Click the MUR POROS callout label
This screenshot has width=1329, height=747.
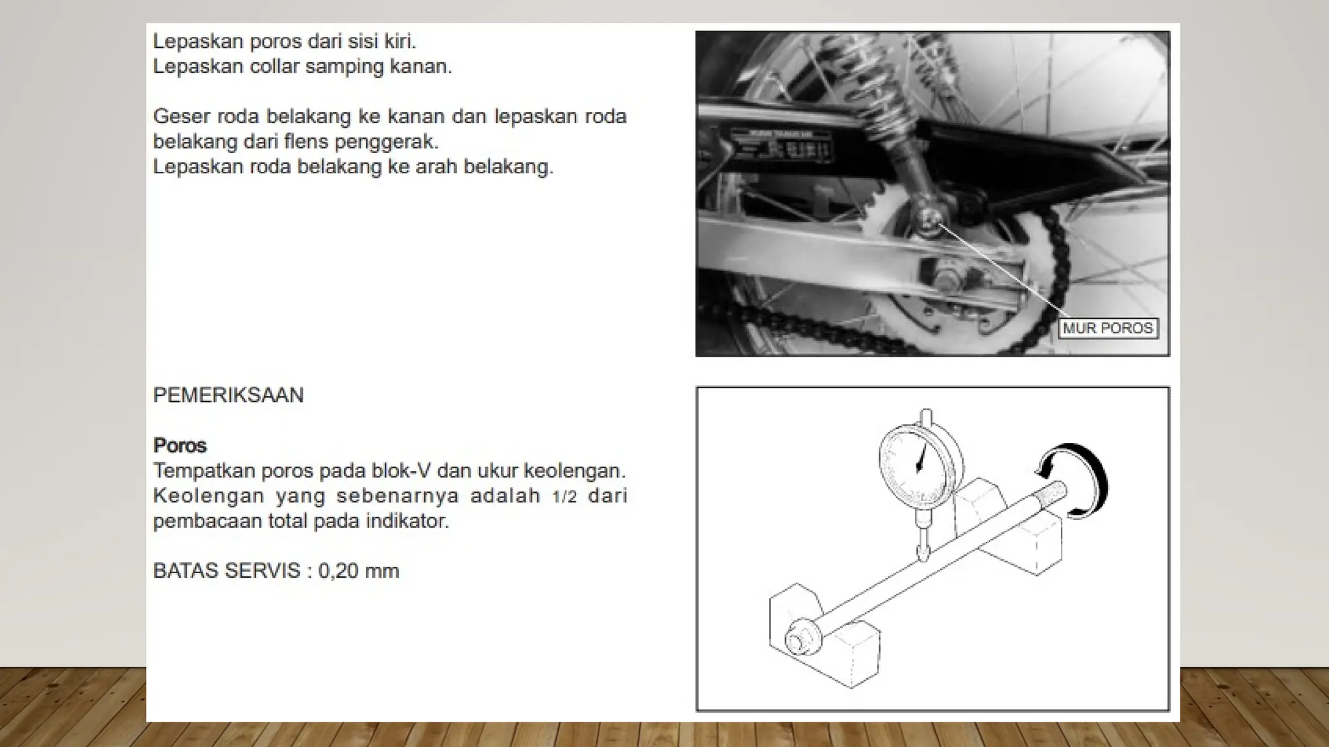click(x=1108, y=328)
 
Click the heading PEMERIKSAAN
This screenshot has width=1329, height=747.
click(x=228, y=396)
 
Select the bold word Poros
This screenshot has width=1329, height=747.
click(x=180, y=445)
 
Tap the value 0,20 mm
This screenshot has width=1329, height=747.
click(x=358, y=571)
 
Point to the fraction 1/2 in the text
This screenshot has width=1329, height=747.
click(x=565, y=497)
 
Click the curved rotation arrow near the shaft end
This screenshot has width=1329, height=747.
click(x=1077, y=480)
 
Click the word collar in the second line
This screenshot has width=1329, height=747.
click(x=276, y=67)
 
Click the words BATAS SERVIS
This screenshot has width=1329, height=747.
click(x=226, y=571)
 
